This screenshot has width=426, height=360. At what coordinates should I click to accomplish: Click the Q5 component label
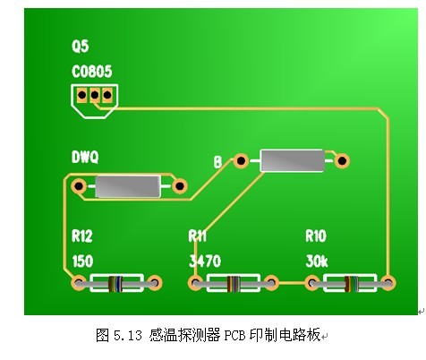click(80, 47)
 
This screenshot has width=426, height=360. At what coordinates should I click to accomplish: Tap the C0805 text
click(92, 72)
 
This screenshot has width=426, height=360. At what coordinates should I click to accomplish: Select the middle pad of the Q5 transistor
click(95, 95)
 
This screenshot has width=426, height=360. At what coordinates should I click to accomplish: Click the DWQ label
click(85, 157)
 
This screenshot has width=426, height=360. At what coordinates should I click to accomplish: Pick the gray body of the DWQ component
click(128, 186)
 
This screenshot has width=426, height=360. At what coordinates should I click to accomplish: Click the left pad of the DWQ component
click(79, 186)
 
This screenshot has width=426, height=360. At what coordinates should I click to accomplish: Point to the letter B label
click(217, 162)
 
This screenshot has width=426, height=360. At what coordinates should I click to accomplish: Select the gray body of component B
click(293, 161)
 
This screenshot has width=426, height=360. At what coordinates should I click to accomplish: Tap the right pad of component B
click(342, 161)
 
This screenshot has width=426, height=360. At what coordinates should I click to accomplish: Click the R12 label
click(82, 236)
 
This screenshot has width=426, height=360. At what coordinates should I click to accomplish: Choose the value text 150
click(82, 261)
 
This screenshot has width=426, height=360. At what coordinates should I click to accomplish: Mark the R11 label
click(197, 236)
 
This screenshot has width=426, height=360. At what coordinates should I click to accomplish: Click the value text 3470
click(205, 261)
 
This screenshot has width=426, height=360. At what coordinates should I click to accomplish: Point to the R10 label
click(316, 236)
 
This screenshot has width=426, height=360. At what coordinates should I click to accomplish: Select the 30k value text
click(317, 261)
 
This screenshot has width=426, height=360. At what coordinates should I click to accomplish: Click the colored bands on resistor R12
click(115, 284)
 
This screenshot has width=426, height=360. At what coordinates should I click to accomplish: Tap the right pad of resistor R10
click(388, 283)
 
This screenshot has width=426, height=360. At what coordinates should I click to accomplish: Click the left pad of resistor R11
click(196, 283)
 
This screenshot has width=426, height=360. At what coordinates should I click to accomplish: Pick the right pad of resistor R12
click(155, 283)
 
